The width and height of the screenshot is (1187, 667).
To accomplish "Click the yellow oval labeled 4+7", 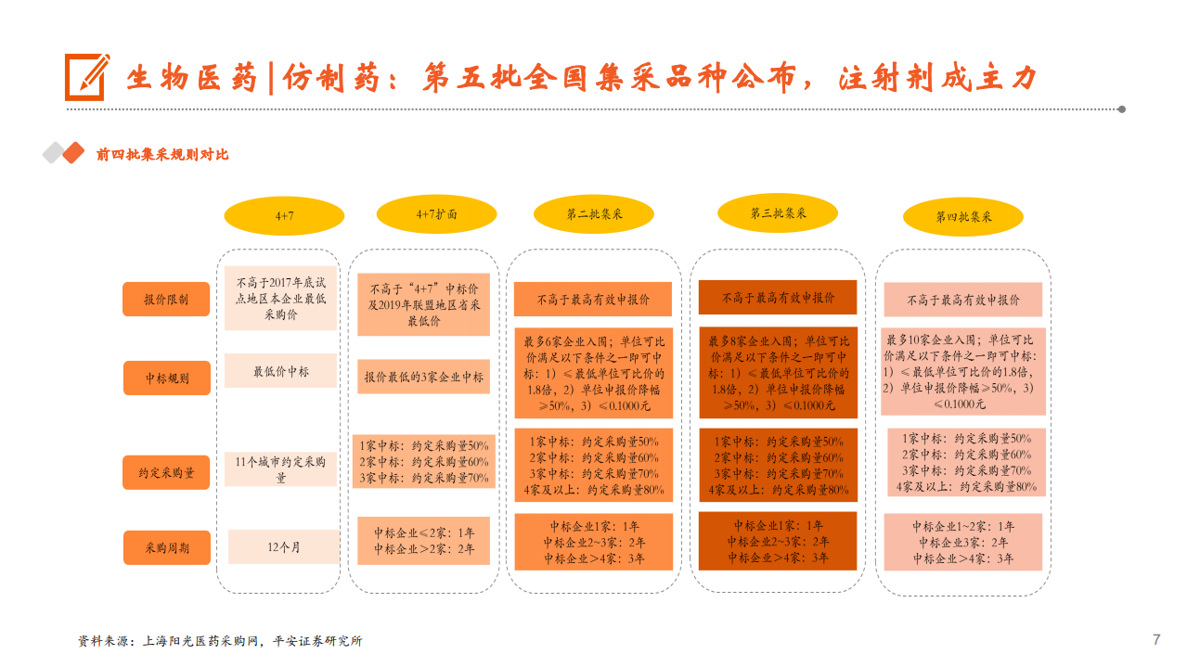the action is [x=284, y=215].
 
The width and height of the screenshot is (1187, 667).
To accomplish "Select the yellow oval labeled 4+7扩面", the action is [x=436, y=214].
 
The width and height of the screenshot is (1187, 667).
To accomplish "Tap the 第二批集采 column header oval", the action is [x=594, y=214].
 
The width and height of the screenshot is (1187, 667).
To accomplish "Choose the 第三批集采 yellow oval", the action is [x=778, y=212].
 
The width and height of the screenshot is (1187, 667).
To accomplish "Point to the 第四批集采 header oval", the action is [x=963, y=217].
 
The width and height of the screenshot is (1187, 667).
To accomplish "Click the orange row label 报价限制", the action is [x=166, y=300].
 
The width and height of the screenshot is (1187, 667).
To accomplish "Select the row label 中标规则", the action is [x=167, y=378].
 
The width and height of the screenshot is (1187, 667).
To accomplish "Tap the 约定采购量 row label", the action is [x=167, y=472].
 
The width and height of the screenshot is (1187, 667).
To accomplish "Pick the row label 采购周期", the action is [x=167, y=548].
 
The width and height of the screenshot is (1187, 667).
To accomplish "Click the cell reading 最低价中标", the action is [x=280, y=372].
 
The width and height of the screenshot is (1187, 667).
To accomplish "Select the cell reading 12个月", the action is [x=283, y=547].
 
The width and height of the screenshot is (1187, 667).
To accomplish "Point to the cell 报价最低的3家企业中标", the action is [x=423, y=378].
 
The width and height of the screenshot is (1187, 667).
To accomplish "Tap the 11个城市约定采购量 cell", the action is [x=280, y=469].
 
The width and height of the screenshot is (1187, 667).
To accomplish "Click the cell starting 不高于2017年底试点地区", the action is [x=280, y=298].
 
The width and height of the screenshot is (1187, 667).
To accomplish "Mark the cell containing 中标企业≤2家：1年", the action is [x=423, y=541].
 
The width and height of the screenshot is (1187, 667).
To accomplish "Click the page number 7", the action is [x=1155, y=639].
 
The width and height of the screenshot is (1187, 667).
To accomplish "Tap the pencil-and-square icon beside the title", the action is [x=86, y=77].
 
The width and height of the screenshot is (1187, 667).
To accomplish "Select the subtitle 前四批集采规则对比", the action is [x=162, y=155].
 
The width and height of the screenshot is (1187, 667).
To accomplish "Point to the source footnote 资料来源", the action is [x=219, y=641].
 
